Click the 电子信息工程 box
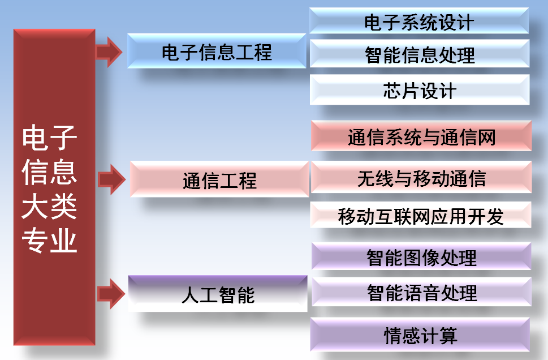[217, 51]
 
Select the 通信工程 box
[219, 179]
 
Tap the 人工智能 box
[218, 294]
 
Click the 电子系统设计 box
[419, 20]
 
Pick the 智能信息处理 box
[420, 54]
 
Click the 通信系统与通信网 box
[421, 136]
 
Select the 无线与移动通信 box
[421, 177]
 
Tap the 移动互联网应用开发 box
[421, 215]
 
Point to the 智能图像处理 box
[421, 256]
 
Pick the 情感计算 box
[420, 335]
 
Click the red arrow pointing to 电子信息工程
[109, 52]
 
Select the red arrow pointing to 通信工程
[111, 179]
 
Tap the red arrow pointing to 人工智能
[111, 294]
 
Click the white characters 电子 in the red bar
[49, 138]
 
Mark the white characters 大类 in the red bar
[49, 206]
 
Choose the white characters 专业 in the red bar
[49, 240]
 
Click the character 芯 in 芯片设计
[392, 91]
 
